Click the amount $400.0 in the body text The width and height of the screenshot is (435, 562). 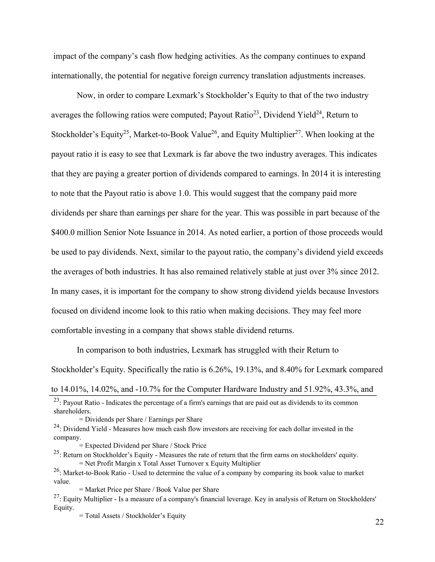coord(63,233)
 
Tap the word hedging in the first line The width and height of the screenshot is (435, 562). coord(188,56)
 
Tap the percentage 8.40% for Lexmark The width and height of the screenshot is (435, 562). coord(291,370)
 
